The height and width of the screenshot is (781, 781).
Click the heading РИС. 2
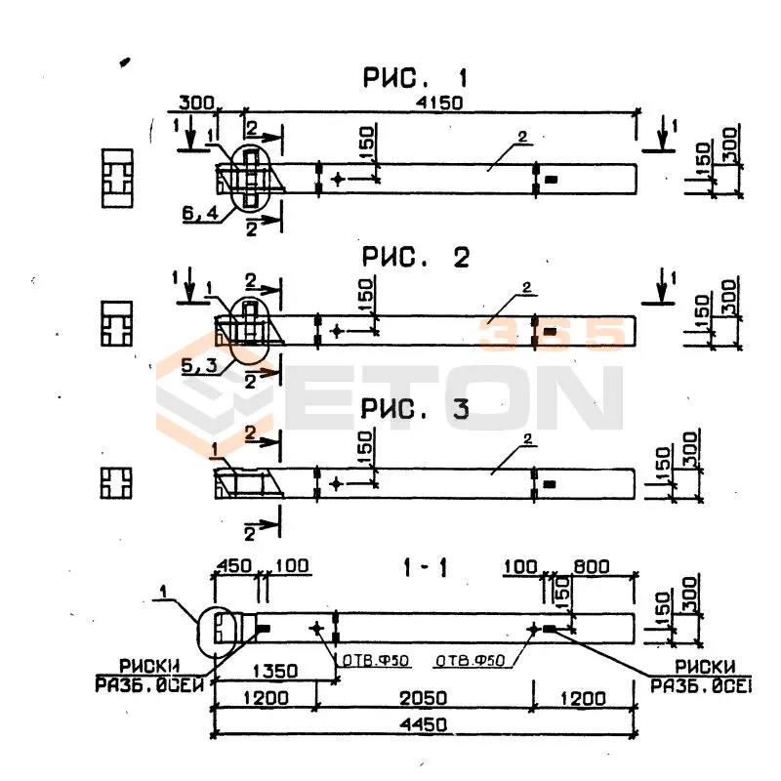tap(415, 258)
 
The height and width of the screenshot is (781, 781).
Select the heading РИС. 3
tap(415, 410)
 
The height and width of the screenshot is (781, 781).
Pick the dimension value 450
tap(231, 566)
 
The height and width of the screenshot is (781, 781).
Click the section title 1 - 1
tap(424, 567)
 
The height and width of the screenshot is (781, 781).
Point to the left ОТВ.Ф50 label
tap(375, 661)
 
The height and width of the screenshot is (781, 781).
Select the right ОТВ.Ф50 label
tap(470, 661)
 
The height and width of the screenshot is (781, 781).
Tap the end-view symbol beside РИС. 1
tap(117, 179)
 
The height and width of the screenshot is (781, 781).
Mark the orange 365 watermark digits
tap(550, 334)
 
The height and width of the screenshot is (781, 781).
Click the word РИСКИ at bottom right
tap(697, 665)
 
